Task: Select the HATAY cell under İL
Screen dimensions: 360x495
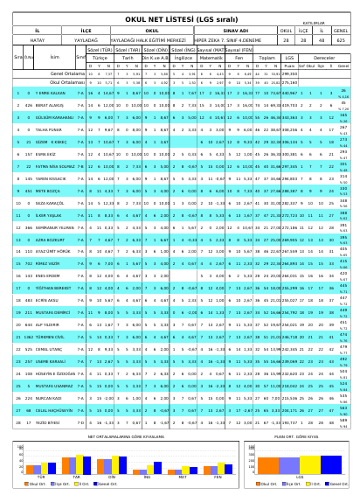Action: (38, 39)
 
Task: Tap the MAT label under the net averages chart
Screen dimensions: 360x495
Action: (182, 478)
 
